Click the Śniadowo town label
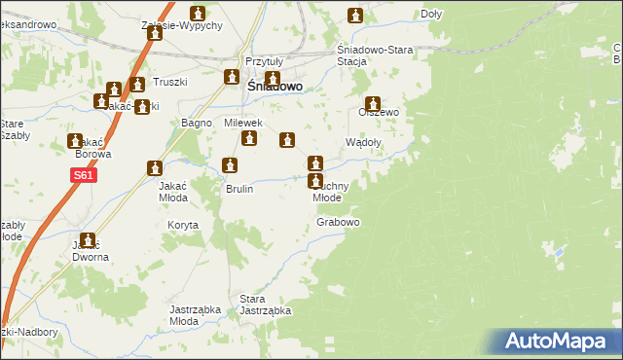pos(270,86)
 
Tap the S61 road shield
pos(82,176)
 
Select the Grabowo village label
pos(338,223)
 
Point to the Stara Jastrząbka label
pos(266,305)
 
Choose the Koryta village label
pos(183,225)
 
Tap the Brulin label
pos(239,189)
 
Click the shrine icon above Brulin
pos(230,166)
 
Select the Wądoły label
pos(364,141)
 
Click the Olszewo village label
pos(379,112)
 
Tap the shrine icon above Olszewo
pos(372,103)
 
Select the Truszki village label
pos(167,82)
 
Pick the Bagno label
pos(197,123)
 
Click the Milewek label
pos(244,123)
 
